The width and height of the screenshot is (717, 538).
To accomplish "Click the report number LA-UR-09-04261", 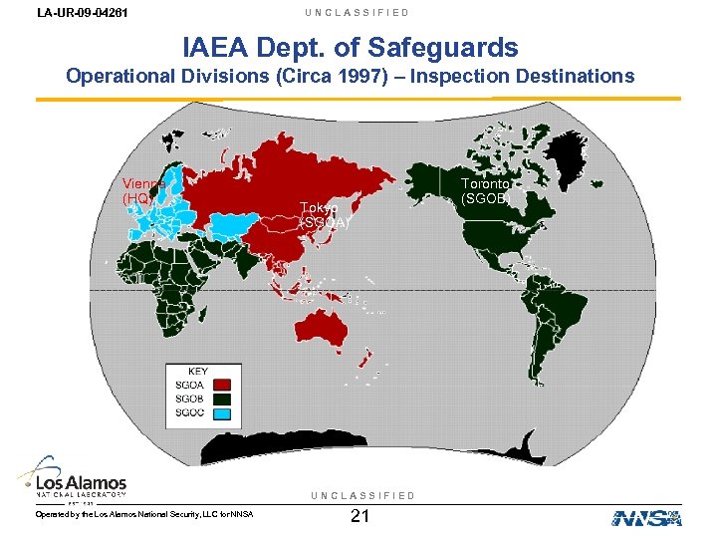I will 67,13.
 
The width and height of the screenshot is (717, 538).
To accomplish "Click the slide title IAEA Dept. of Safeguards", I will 351,47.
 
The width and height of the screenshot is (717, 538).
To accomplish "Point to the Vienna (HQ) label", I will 142,190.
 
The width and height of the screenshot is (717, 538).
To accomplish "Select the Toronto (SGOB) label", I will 487,190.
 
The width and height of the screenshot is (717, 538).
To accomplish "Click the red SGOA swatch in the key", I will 223,386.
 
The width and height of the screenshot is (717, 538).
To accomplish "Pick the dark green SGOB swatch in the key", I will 223,400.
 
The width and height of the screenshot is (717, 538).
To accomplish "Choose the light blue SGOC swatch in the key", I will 223,413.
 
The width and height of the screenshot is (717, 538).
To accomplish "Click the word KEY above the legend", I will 198,372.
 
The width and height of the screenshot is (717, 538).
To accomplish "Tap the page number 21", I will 360,516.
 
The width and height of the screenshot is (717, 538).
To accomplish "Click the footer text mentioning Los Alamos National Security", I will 144,514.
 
